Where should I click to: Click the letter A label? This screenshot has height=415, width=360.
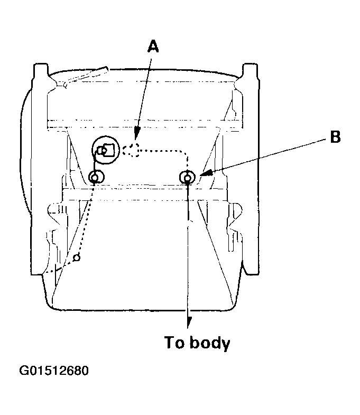[153, 47]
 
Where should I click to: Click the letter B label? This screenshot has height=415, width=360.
[335, 137]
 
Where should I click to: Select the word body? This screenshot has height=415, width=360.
[210, 343]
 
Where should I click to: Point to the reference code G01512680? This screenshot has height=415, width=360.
[54, 371]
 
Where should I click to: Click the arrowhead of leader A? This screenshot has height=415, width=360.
[136, 133]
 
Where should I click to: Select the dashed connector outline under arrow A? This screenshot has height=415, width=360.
[132, 150]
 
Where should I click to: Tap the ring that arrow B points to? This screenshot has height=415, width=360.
[188, 177]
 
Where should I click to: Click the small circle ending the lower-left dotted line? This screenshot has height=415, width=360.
[77, 257]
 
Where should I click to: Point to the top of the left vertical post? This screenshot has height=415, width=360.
[41, 64]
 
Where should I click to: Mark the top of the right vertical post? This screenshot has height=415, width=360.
[250, 64]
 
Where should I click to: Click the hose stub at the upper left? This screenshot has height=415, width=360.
[87, 76]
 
